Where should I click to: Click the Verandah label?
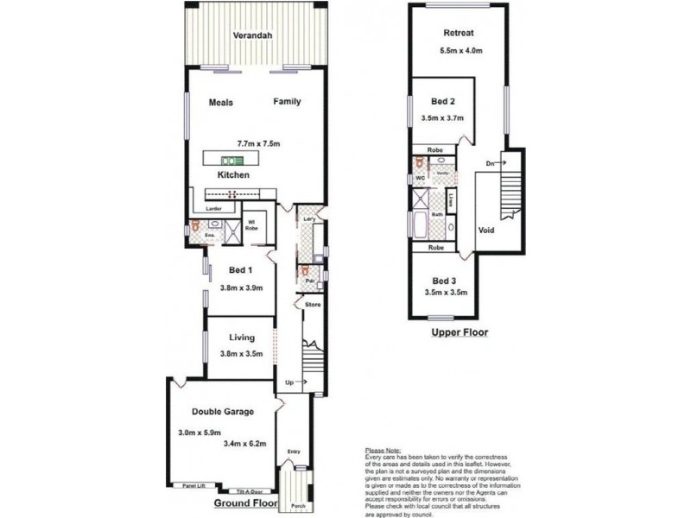[x=253, y=35]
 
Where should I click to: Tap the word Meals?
[x=221, y=102]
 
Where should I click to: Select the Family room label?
[x=287, y=102]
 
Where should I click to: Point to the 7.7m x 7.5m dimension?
[x=262, y=143]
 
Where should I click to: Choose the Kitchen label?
[x=233, y=175]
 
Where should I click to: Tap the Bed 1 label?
[x=232, y=270]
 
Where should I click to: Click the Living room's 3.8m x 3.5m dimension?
[x=241, y=354]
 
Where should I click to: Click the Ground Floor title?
[x=244, y=502]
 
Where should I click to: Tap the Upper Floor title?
[x=459, y=332]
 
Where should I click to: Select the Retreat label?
[x=458, y=34]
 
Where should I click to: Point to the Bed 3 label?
[x=444, y=280]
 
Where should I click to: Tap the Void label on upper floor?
[x=486, y=231]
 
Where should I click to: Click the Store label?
[x=312, y=305]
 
